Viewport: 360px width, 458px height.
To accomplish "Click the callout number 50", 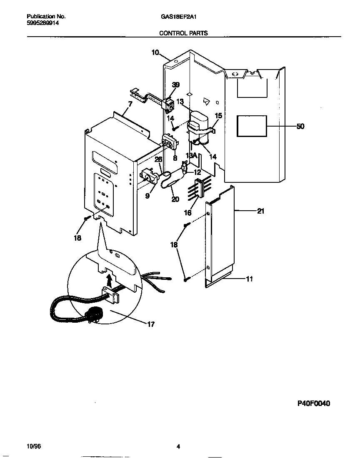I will pyautogui.click(x=300, y=127).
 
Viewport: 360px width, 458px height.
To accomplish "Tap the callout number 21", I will pyautogui.click(x=260, y=211).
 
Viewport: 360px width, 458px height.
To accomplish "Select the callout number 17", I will pyautogui.click(x=151, y=324).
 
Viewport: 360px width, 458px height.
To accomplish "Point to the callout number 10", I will pyautogui.click(x=155, y=52).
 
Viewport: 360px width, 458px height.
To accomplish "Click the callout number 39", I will pyautogui.click(x=176, y=85).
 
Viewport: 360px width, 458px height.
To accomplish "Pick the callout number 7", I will pyautogui.click(x=130, y=104).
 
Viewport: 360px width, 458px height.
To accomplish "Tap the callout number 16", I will pyautogui.click(x=188, y=213).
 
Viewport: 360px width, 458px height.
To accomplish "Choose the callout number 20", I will pyautogui.click(x=175, y=199).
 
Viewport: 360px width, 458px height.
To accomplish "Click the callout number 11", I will pyautogui.click(x=249, y=279).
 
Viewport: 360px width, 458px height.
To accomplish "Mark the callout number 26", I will pyautogui.click(x=158, y=159).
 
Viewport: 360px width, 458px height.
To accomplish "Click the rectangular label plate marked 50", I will pyautogui.click(x=252, y=126).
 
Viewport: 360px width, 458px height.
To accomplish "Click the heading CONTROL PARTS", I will pyautogui.click(x=184, y=33).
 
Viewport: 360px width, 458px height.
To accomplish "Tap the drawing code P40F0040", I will pyautogui.click(x=313, y=403).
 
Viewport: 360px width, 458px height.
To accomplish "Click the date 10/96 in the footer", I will pyautogui.click(x=33, y=446).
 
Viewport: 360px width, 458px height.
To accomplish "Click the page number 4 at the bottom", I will pyautogui.click(x=178, y=447).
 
